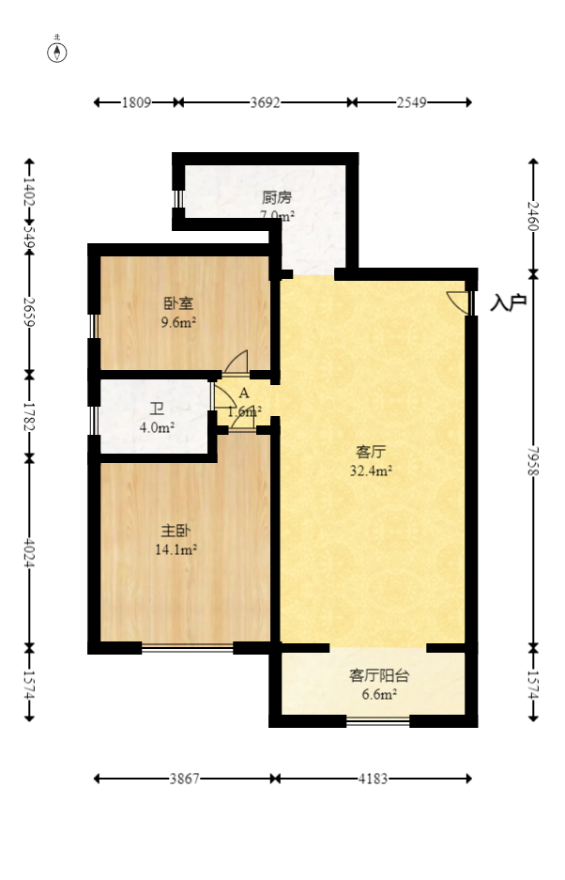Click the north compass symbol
click(x=58, y=51)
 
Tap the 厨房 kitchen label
click(x=277, y=197)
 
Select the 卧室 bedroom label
click(x=178, y=303)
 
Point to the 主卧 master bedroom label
click(x=175, y=531)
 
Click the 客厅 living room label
click(x=371, y=451)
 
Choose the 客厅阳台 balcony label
click(x=373, y=675)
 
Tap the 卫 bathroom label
click(x=157, y=409)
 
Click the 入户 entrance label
click(x=508, y=302)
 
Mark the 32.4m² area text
click(x=371, y=471)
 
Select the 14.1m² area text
click(x=175, y=550)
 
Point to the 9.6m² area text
click(x=178, y=322)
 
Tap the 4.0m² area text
click(x=157, y=428)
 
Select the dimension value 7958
click(x=533, y=457)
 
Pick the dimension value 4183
click(x=373, y=779)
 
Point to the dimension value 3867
click(x=184, y=779)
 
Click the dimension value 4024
click(x=29, y=552)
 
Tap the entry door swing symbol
click(x=459, y=301)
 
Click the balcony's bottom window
click(x=378, y=721)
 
